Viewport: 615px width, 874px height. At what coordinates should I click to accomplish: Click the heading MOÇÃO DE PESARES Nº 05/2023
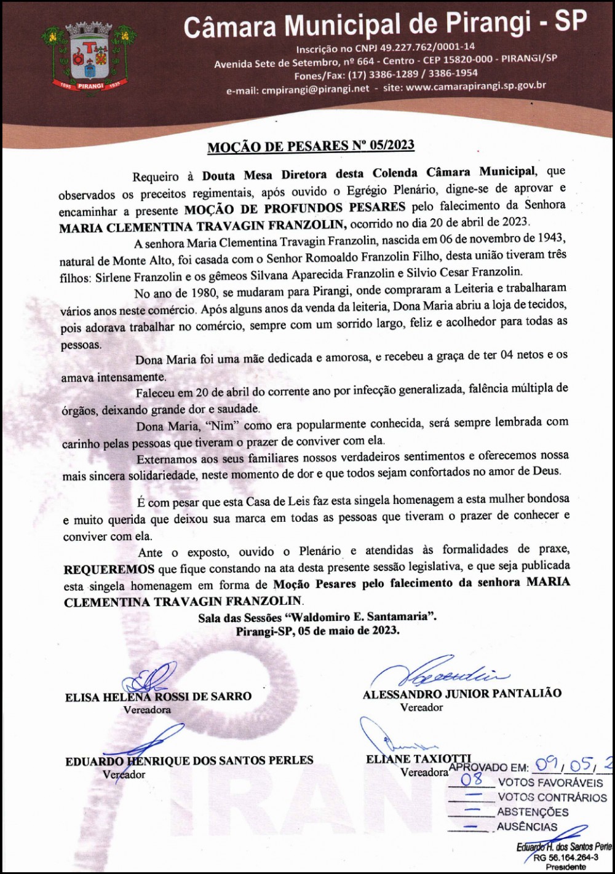coord(311,146)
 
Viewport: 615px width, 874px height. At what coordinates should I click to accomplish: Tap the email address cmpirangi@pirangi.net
coord(315,89)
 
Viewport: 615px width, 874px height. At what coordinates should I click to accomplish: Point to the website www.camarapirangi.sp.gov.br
coord(476,87)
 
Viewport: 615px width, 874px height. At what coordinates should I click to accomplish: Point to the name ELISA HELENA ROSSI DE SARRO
coord(159,697)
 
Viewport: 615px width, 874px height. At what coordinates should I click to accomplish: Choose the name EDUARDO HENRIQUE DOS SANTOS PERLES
coord(189,761)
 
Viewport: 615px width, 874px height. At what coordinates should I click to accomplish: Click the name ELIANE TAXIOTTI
coord(418,759)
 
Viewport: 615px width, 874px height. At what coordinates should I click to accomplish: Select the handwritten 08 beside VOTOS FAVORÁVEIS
coord(472,781)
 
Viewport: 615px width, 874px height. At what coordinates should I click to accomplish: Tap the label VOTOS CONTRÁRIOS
coord(552,797)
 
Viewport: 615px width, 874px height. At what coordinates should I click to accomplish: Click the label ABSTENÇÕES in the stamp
coord(533,812)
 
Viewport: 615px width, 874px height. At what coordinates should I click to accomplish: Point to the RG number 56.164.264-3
coord(566,858)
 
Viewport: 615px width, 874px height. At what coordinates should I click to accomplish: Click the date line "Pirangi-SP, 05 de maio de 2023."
coord(317,631)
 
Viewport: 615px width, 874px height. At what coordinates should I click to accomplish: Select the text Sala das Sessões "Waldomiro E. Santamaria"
coord(317,617)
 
